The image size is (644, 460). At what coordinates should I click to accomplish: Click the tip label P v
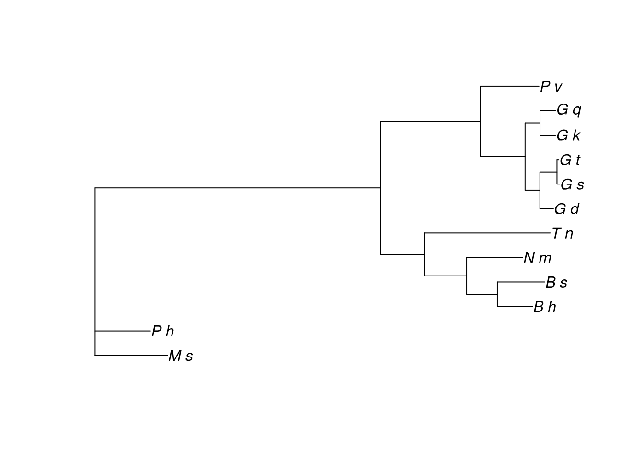[551, 87]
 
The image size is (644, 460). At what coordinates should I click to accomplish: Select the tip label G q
[569, 110]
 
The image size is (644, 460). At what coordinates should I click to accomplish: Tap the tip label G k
[568, 136]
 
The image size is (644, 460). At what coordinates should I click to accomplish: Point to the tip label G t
[570, 160]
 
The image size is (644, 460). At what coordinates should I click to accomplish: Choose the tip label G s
[572, 184]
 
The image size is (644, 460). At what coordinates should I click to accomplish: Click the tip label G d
[567, 209]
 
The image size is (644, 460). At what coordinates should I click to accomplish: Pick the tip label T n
[563, 234]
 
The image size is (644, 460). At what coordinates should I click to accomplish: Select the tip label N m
[538, 258]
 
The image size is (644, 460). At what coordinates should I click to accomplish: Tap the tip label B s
[556, 283]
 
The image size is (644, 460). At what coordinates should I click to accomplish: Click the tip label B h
[545, 307]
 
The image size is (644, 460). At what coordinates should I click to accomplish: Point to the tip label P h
[163, 331]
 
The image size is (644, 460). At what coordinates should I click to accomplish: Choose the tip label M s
[181, 356]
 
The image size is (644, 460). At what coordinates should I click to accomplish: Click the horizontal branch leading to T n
[487, 233]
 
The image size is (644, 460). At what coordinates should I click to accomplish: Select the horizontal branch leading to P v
[510, 86]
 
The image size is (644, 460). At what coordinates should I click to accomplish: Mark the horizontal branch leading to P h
[123, 331]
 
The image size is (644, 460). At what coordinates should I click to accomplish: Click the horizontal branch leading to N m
[495, 258]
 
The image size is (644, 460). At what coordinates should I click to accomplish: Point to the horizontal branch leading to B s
[521, 282]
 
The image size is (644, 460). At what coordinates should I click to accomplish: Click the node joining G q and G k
[540, 123]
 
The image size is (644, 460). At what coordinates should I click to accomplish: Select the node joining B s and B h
[497, 294]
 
